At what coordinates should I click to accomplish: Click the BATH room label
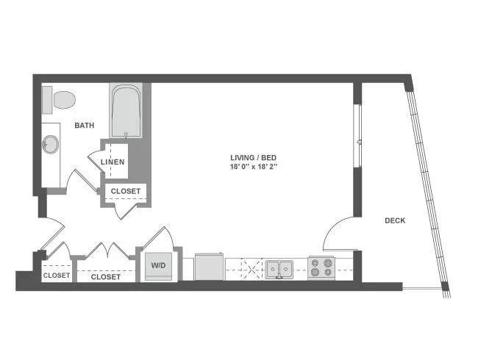point(85,125)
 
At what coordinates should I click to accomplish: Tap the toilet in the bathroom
point(59,100)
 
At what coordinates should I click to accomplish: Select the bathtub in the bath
point(126,110)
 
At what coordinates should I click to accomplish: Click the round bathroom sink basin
point(50,145)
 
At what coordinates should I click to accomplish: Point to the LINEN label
point(113,162)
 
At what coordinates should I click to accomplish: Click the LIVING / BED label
point(253,157)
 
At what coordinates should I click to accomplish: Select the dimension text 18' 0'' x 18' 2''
point(253,167)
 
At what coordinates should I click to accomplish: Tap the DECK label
point(395,220)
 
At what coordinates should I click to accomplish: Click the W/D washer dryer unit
point(159,266)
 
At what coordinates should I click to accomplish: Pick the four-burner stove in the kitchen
point(321,267)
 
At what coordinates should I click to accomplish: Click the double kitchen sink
point(279,269)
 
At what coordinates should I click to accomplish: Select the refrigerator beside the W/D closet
point(210,267)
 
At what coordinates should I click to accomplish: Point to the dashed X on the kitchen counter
point(252,269)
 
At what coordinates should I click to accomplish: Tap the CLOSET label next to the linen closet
point(126,191)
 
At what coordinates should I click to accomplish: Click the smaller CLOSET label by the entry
point(57,276)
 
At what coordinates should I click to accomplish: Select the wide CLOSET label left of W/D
point(105,277)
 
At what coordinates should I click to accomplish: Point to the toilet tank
point(47,100)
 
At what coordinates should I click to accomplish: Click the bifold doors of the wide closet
point(107,250)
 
